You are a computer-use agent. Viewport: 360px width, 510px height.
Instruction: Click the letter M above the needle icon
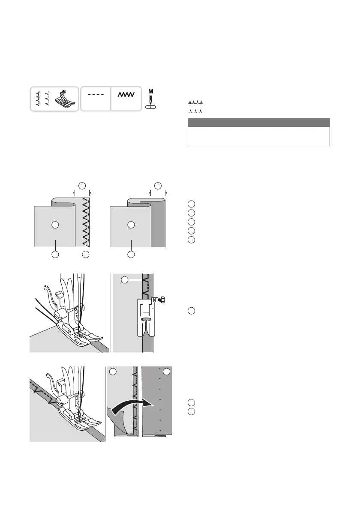(x=150, y=91)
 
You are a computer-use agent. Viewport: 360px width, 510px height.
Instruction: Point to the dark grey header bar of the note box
(x=258, y=123)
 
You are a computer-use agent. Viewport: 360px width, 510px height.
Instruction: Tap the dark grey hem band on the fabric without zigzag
(x=158, y=223)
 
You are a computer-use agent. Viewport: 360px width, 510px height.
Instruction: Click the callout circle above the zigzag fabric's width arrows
(x=81, y=186)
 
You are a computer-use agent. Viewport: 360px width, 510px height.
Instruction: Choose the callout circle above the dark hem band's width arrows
(x=157, y=186)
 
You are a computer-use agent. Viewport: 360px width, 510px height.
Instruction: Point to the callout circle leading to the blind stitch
(x=124, y=280)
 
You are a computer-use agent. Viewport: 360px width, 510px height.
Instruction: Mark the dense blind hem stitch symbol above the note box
(x=195, y=103)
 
